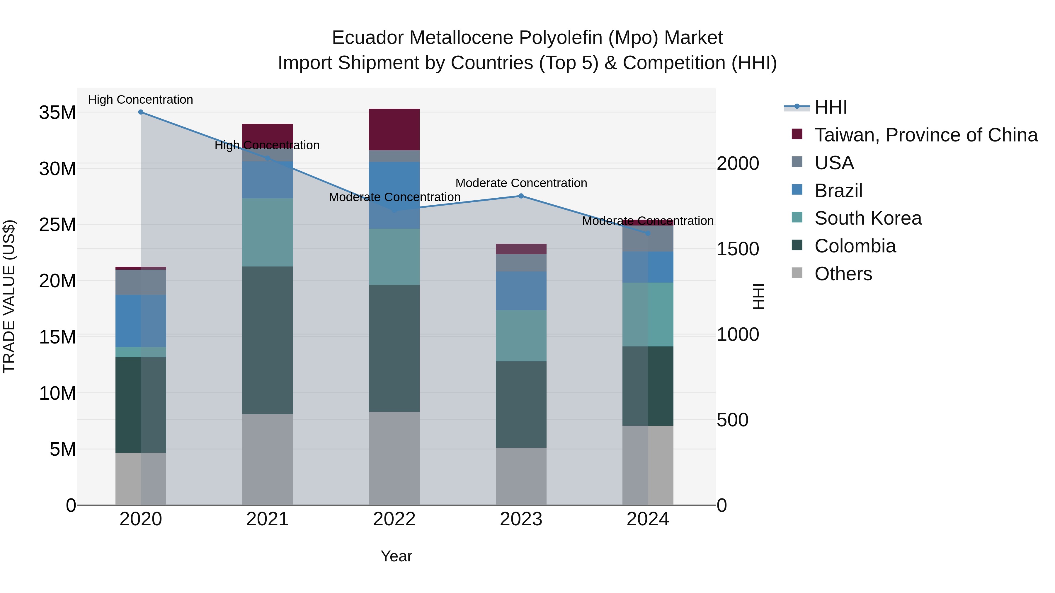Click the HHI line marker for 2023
pyautogui.click(x=521, y=196)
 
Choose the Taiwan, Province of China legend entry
pyautogui.click(x=925, y=135)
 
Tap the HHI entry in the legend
pyautogui.click(x=831, y=107)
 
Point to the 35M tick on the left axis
pyautogui.click(x=57, y=112)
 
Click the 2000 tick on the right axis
pyautogui.click(x=738, y=164)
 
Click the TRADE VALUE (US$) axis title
pyautogui.click(x=9, y=296)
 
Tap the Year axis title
pyautogui.click(x=396, y=556)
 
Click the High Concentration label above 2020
pyautogui.click(x=140, y=100)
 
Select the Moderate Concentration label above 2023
pyautogui.click(x=521, y=183)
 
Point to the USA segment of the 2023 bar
pyautogui.click(x=521, y=263)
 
